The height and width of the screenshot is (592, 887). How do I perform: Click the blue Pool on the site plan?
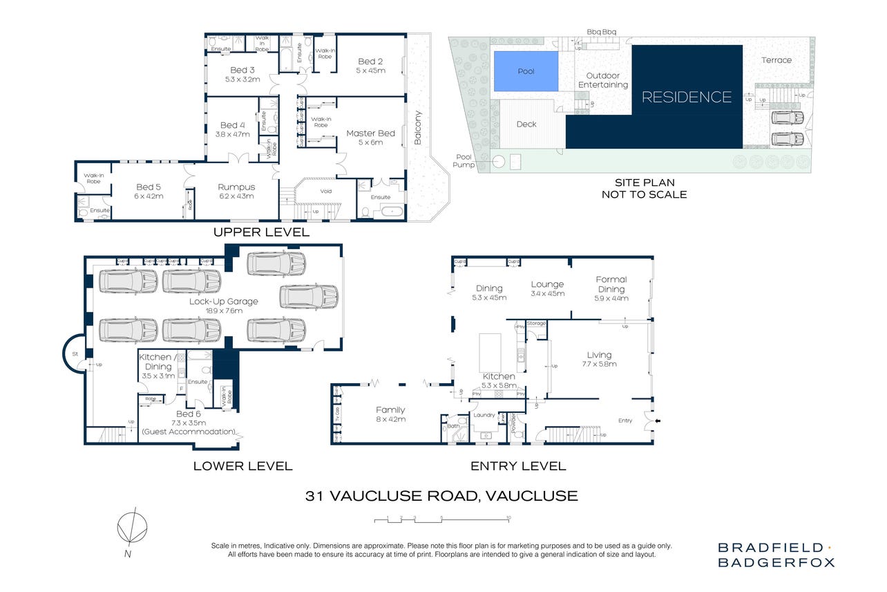pos(525,72)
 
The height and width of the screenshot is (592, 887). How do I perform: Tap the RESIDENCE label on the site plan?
pos(686,97)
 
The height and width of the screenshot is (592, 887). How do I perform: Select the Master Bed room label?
pos(370,133)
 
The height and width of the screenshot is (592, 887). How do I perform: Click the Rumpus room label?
pos(236,187)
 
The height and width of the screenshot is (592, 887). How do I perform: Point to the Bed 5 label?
pos(149,187)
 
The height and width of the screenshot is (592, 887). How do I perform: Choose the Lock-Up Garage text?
pos(223,302)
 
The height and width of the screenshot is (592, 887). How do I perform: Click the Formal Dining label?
pos(611,284)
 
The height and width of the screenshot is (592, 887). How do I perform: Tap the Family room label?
pos(390,410)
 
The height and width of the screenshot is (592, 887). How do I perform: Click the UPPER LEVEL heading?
pos(261,232)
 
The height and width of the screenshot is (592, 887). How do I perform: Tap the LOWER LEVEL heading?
pos(242,466)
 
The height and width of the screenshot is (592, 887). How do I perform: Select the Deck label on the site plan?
pos(526,124)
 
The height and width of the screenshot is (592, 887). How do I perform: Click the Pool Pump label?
pos(464,161)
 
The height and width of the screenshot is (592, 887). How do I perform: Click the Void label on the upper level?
pos(327,192)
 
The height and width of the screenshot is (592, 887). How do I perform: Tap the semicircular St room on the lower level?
pos(74,353)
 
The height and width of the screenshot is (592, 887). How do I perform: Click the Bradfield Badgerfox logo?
pos(775,555)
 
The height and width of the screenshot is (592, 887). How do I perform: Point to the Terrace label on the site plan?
pos(776,60)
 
